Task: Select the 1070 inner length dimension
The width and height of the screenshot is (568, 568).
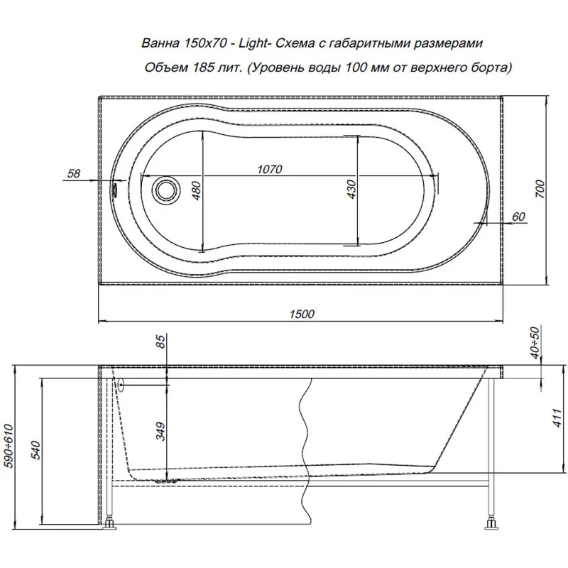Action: [x=270, y=169]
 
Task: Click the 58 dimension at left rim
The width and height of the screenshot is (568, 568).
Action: [x=72, y=173]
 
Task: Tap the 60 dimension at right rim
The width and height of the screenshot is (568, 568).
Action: [x=518, y=217]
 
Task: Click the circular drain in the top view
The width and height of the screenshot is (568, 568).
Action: [x=165, y=190]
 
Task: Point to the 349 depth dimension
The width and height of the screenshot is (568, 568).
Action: [x=160, y=429]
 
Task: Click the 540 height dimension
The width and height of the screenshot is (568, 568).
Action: [x=35, y=451]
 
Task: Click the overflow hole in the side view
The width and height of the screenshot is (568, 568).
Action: [x=120, y=385]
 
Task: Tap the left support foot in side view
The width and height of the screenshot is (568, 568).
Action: [x=111, y=525]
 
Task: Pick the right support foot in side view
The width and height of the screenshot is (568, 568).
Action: [x=491, y=525]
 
